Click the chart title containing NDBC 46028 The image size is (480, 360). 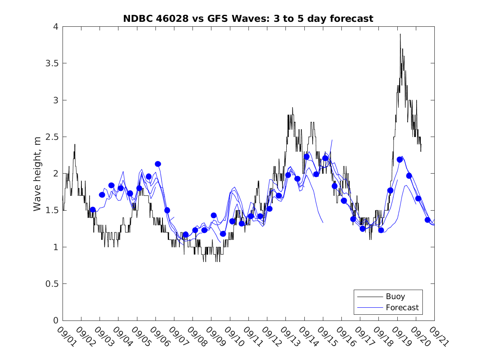[248, 19]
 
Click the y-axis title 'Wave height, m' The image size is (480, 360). [37, 174]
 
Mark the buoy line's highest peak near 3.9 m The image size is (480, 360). [400, 34]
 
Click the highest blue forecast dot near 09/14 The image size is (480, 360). [306, 157]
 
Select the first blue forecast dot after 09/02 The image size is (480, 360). [93, 210]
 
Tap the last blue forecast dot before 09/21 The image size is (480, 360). [428, 220]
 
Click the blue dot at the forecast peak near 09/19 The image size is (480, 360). [400, 160]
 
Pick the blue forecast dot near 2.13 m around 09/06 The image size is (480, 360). [158, 164]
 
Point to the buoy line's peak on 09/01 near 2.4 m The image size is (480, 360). [75, 144]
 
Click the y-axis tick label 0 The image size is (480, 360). [56, 321]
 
